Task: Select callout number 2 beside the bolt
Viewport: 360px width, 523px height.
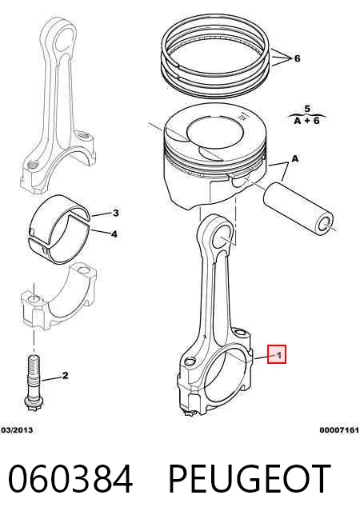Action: click(x=65, y=376)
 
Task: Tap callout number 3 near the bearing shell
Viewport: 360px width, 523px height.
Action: click(x=115, y=213)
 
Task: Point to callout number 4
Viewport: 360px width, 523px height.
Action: click(x=114, y=234)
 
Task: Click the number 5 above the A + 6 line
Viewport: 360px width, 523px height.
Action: click(x=307, y=109)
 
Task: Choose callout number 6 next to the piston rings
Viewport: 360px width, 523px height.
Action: click(x=297, y=58)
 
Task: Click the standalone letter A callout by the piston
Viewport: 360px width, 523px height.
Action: click(x=295, y=159)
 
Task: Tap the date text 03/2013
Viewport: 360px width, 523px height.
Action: click(x=17, y=430)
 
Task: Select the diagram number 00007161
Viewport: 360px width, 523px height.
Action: click(x=339, y=430)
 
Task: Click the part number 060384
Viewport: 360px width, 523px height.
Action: click(x=70, y=479)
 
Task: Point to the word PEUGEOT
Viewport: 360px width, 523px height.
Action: click(x=250, y=479)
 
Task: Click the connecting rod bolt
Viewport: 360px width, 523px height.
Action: click(x=34, y=383)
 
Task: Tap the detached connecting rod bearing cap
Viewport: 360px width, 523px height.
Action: click(x=59, y=296)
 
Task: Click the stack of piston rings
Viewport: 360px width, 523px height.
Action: click(x=215, y=57)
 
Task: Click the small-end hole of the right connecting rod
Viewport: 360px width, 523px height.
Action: click(x=222, y=235)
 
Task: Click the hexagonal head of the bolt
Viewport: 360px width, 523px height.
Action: click(x=34, y=405)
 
